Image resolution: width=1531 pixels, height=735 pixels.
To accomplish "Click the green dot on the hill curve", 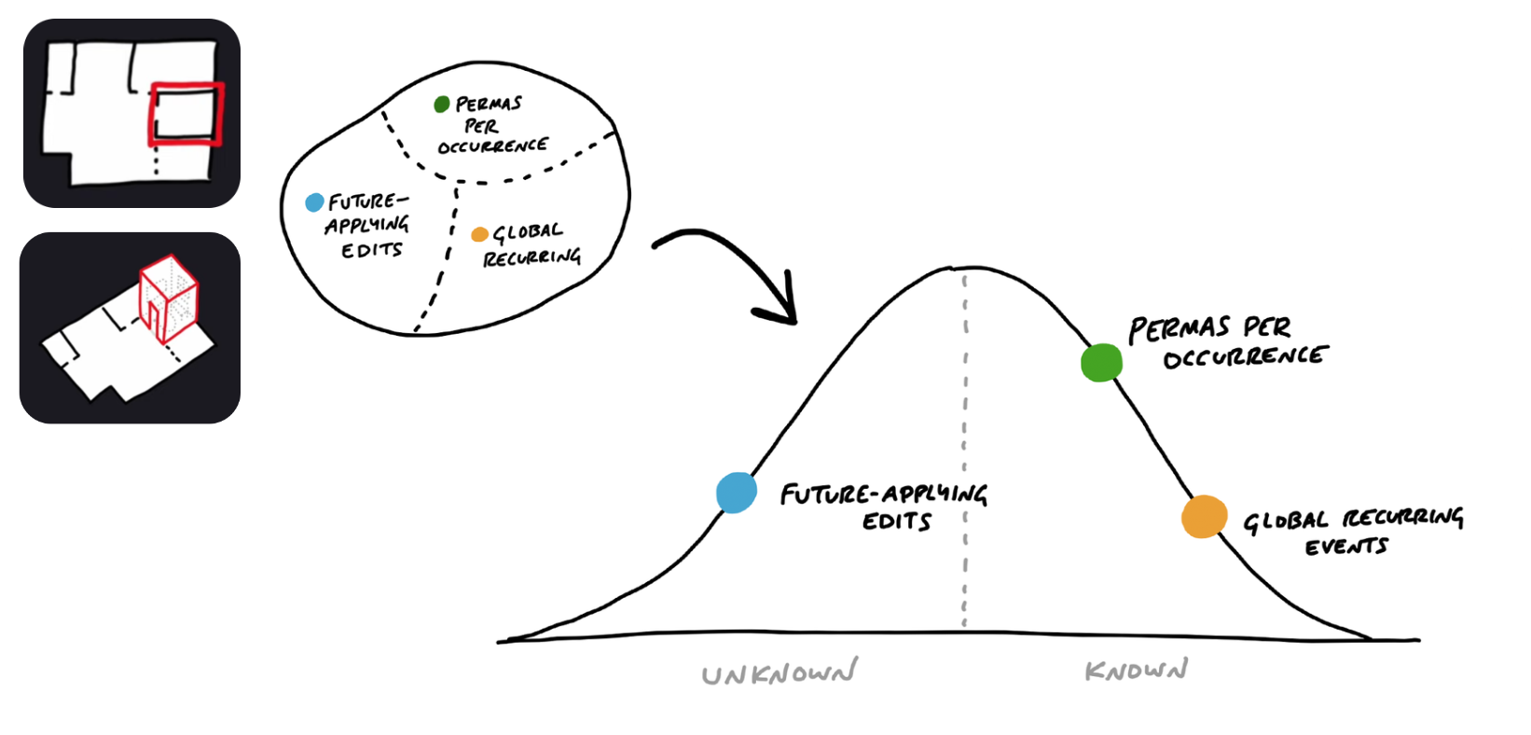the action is click(1101, 363).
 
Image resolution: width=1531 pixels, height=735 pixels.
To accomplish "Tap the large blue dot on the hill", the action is click(737, 492).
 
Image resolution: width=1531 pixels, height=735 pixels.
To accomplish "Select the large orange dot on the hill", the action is click(1204, 517).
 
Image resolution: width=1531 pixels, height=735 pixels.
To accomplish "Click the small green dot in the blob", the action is click(442, 104).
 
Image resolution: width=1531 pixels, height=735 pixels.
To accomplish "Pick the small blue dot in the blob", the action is click(315, 202).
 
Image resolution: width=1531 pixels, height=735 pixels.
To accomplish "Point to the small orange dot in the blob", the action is click(479, 234).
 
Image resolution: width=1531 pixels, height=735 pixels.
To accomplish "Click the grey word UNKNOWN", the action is click(779, 673).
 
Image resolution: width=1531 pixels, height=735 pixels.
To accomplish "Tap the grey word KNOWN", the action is click(1136, 670).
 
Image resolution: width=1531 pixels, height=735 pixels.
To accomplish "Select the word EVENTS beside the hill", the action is click(1345, 547).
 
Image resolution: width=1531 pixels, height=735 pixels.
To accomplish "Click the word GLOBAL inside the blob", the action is click(528, 232).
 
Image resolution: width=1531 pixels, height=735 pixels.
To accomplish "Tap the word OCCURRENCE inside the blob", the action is click(492, 146).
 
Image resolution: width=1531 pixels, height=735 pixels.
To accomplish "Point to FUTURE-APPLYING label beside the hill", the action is click(883, 493).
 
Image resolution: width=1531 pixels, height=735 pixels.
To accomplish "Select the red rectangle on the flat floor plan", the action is click(186, 114).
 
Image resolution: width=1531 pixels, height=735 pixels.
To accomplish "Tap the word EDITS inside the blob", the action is click(371, 250).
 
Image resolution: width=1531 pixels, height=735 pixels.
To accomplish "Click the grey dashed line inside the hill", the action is click(965, 448).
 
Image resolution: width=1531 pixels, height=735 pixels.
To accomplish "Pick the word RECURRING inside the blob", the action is click(531, 257).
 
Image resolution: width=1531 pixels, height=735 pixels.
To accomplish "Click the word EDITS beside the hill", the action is click(896, 521).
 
